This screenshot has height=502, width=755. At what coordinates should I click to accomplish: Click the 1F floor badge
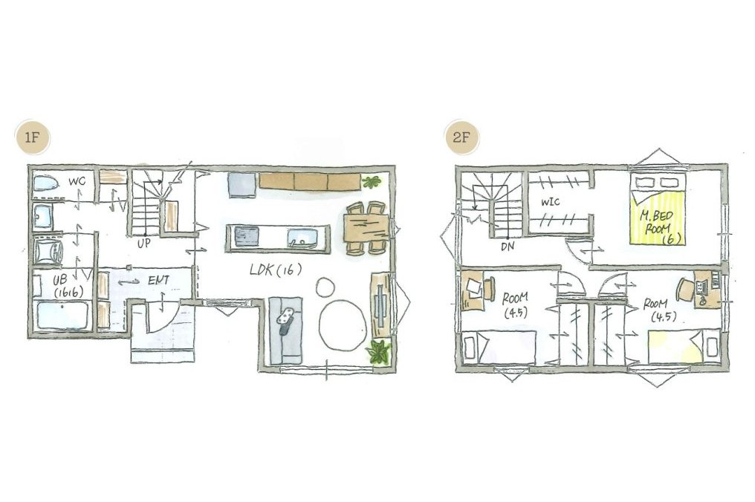pyautogui.click(x=31, y=137)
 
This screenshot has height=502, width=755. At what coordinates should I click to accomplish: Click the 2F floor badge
pyautogui.click(x=461, y=137)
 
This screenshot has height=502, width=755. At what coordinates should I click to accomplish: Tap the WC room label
pyautogui.click(x=77, y=182)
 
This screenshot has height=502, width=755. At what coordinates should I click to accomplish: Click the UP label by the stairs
pyautogui.click(x=143, y=244)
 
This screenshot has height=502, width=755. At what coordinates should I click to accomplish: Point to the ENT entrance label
pyautogui.click(x=159, y=280)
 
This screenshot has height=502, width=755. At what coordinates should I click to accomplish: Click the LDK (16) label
pyautogui.click(x=276, y=270)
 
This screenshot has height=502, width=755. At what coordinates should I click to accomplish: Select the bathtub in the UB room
pyautogui.click(x=62, y=316)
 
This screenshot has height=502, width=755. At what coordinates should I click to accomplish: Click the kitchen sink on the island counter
pyautogui.click(x=302, y=238)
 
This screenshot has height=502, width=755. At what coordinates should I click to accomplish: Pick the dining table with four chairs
pyautogui.click(x=367, y=228)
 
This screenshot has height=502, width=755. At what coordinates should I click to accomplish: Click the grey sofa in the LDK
pyautogui.click(x=285, y=330)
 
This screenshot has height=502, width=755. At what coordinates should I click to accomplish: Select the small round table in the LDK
pyautogui.click(x=325, y=288)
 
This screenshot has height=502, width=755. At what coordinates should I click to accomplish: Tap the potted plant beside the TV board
pyautogui.click(x=378, y=352)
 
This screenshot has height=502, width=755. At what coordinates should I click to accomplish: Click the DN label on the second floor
pyautogui.click(x=508, y=247)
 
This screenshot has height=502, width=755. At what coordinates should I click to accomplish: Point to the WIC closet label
pyautogui.click(x=550, y=202)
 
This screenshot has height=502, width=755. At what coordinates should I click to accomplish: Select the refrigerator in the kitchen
pyautogui.click(x=242, y=185)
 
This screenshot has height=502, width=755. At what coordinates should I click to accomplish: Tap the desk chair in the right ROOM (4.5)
pyautogui.click(x=684, y=290)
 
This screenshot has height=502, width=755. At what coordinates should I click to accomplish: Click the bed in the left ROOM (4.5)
pyautogui.click(x=499, y=347)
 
